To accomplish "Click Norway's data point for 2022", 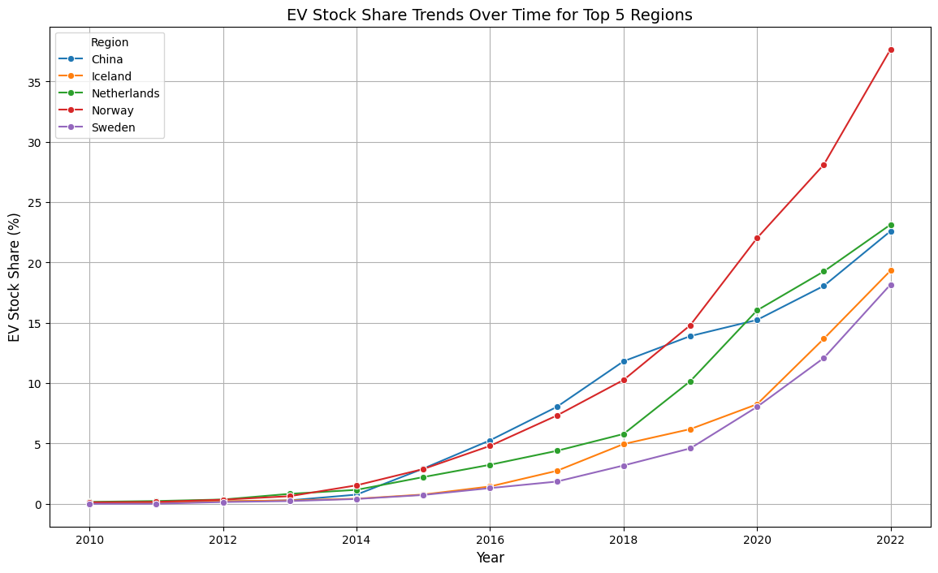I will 891,50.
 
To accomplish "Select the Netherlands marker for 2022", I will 891,225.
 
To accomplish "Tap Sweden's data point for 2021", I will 823,358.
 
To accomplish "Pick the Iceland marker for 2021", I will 823,338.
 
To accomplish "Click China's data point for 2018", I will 624,361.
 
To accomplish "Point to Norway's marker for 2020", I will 757,238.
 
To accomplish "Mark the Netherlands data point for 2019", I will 690,381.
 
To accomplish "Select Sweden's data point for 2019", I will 690,448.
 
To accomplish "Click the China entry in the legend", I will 108,59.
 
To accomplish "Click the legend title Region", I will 110,42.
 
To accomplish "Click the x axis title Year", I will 490,558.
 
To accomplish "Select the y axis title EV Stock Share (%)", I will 15,278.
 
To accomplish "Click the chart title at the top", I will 490,15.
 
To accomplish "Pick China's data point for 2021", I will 823,286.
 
